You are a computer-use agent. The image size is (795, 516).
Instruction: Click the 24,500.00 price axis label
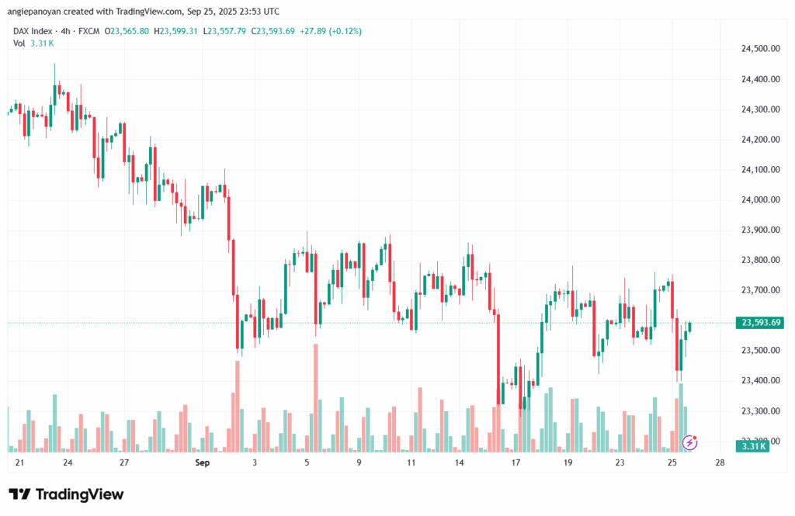pyautogui.click(x=760, y=49)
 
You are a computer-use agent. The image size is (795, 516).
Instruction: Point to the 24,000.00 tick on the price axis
pyautogui.click(x=760, y=199)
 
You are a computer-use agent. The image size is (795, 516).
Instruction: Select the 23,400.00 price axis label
pyautogui.click(x=760, y=380)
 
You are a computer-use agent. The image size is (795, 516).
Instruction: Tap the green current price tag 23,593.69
pyautogui.click(x=761, y=323)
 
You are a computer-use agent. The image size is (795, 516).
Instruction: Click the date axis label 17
pyautogui.click(x=516, y=463)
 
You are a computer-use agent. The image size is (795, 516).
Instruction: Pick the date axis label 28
pyautogui.click(x=720, y=463)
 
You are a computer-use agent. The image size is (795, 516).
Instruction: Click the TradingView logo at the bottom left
pyautogui.click(x=66, y=494)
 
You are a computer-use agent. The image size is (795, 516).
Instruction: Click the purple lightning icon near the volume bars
pyautogui.click(x=689, y=442)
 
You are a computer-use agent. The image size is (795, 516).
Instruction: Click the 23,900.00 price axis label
pyautogui.click(x=760, y=230)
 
